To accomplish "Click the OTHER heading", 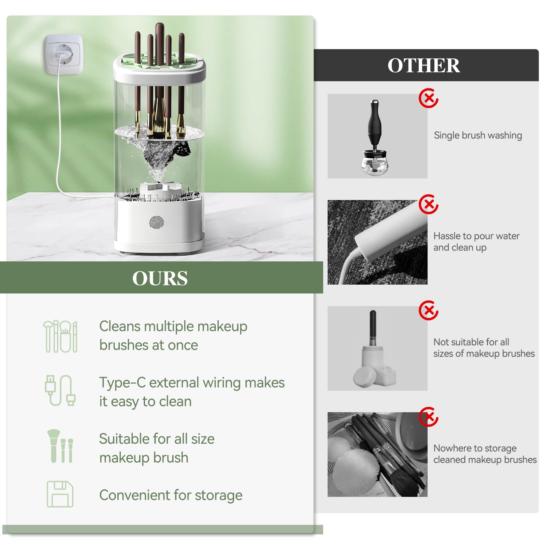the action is pos(423,66).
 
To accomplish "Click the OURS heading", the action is pos(160,278).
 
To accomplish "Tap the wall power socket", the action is pos(63,54).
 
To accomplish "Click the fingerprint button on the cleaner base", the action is pos(157,222).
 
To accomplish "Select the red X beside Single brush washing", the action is pos(429,98).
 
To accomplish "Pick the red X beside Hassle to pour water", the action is pos(429,204).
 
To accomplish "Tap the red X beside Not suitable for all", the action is pos(429,311).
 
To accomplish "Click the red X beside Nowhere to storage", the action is pos(429,417).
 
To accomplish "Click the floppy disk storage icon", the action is pos(60,494).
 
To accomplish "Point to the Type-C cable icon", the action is pos(60,391).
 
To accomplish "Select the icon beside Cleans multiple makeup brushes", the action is pos(60,336).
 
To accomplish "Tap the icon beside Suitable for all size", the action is pos(60,446).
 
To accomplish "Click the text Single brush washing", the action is pos(478,135).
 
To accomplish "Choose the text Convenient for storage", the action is pos(171,495).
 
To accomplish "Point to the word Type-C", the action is pos(122,383).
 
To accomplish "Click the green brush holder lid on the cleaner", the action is pos(159,60).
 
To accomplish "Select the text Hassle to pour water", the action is pos(476,236).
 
